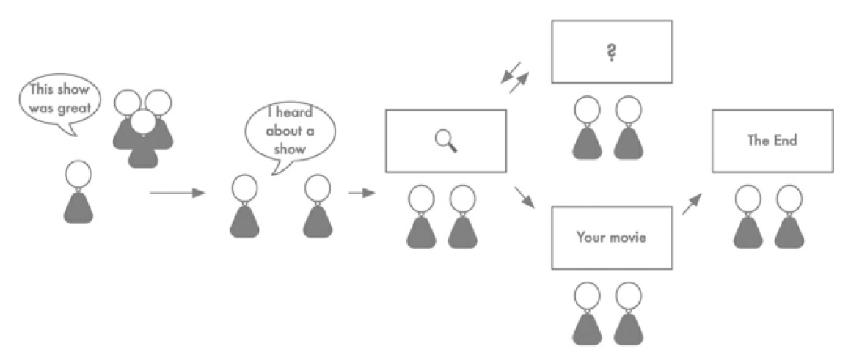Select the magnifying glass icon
point(446,139)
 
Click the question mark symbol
point(610,52)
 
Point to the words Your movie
point(611,238)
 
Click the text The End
point(772,141)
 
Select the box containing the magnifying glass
point(446,140)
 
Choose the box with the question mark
point(611,51)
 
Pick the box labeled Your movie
point(611,238)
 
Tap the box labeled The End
point(772,141)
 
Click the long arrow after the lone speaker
point(176,194)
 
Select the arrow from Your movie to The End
point(690,204)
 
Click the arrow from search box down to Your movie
point(524,196)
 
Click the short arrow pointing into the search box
point(361,193)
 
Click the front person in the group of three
point(143,139)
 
